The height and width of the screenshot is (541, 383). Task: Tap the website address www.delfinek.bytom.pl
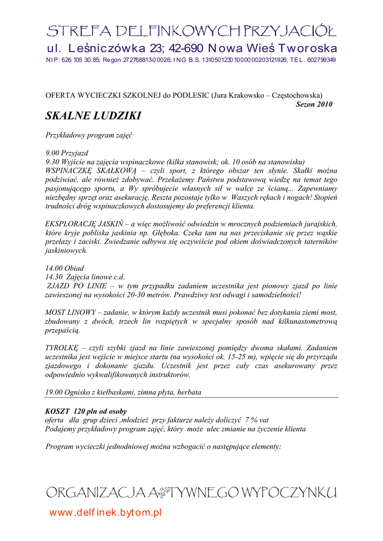105,512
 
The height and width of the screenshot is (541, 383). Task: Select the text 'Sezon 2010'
314,104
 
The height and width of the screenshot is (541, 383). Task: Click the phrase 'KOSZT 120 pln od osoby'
86,411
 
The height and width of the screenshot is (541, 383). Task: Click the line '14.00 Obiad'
65,268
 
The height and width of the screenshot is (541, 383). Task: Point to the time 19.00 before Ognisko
54,393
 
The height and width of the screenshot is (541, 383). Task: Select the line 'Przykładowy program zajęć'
88,135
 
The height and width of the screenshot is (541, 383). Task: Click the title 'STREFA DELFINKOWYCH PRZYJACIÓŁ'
191,30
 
